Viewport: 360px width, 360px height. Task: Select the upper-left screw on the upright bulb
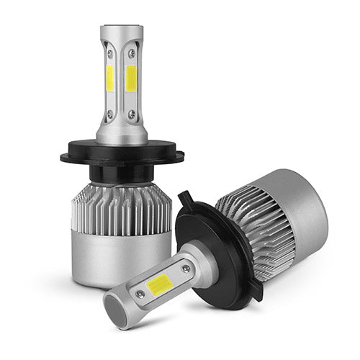[x=109, y=53]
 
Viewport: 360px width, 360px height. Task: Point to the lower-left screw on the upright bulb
[x=109, y=113]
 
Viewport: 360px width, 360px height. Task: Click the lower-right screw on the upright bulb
[x=132, y=113]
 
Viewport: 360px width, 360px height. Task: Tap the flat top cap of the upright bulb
[x=122, y=30]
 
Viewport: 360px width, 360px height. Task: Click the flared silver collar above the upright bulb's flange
[x=122, y=134]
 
